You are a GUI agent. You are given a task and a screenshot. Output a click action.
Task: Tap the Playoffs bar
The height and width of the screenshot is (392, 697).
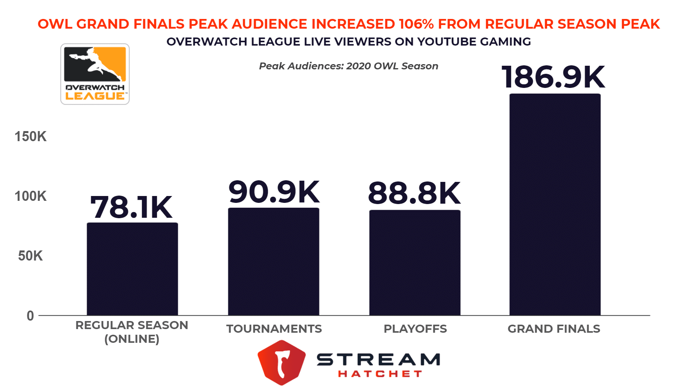tap(415, 263)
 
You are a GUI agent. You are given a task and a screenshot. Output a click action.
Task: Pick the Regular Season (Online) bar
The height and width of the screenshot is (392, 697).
tap(132, 269)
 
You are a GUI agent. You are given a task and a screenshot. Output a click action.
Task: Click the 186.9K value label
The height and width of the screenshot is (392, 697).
tap(553, 77)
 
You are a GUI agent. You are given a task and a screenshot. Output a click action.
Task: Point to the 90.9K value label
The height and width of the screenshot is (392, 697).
tap(274, 192)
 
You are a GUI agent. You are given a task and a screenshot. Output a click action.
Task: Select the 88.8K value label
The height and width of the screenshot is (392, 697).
tap(414, 193)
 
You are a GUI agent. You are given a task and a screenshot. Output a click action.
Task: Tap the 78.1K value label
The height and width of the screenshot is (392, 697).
tap(131, 207)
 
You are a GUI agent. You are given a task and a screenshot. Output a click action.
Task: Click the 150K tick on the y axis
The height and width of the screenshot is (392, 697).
tap(31, 137)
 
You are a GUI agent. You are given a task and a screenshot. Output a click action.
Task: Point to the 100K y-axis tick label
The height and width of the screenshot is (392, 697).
tap(31, 196)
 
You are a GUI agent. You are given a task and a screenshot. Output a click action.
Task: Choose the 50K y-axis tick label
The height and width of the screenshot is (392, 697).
tap(31, 256)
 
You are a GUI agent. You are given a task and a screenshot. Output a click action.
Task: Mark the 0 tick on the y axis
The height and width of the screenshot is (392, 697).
tap(30, 316)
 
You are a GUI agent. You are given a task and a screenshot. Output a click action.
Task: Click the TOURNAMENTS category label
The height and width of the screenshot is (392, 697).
tap(274, 329)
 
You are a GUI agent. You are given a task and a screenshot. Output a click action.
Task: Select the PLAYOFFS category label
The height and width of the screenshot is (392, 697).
tap(415, 329)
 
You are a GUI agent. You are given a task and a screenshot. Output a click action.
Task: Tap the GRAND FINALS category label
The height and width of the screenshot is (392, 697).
tap(554, 329)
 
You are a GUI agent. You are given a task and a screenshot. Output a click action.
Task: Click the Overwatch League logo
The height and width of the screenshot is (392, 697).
tap(95, 74)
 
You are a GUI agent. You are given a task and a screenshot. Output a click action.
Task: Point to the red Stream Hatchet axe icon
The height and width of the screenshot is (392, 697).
tap(281, 362)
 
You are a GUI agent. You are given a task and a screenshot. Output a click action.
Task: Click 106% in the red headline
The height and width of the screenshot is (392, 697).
tap(416, 24)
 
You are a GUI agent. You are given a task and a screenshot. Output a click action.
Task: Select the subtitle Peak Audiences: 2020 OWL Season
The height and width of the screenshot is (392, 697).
tap(348, 66)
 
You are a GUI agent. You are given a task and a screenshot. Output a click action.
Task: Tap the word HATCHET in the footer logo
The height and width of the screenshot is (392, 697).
tap(380, 374)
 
